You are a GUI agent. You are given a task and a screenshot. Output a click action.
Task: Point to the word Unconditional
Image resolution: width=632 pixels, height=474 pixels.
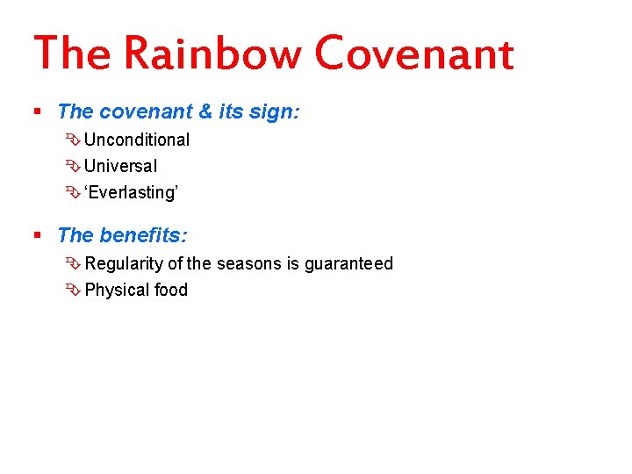(137, 140)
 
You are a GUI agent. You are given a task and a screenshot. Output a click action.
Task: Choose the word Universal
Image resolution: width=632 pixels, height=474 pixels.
(121, 166)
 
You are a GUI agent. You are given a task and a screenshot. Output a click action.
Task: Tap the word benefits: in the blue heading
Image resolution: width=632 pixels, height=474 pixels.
(143, 236)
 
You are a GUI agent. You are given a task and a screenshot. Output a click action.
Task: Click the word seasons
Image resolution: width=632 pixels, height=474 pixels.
(249, 263)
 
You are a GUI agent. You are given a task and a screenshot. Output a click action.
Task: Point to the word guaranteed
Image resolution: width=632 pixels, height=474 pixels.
(348, 263)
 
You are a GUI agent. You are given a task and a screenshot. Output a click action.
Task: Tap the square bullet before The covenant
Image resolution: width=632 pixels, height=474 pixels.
(37, 112)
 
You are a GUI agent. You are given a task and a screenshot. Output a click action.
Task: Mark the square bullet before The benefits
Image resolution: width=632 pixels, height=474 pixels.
(37, 236)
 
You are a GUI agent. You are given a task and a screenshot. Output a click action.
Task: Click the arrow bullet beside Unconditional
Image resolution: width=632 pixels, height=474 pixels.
(73, 140)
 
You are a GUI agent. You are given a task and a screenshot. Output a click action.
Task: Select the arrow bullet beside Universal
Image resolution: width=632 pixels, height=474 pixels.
(73, 166)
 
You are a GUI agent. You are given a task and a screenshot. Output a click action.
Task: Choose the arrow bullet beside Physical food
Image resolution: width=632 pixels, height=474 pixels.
(73, 290)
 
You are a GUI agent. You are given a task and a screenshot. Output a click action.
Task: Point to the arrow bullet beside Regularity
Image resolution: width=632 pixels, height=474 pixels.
(73, 263)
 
